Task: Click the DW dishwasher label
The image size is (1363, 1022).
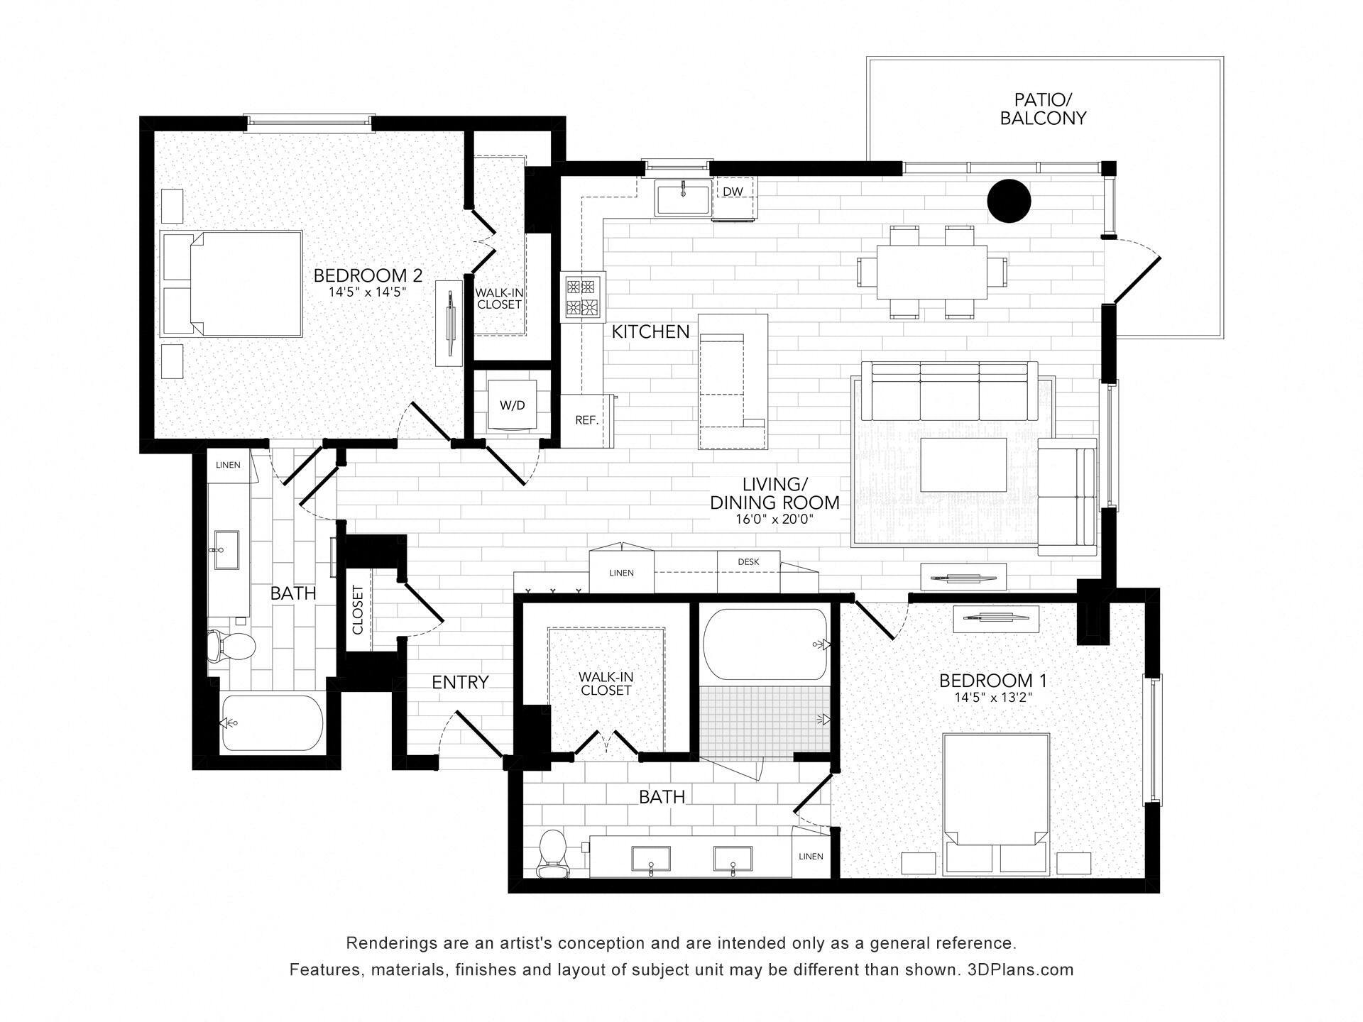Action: (733, 192)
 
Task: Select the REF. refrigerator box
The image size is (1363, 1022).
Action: (586, 420)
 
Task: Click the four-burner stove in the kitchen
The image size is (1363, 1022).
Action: (582, 297)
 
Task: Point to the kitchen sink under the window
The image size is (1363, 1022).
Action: (683, 198)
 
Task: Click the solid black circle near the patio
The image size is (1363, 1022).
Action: (1009, 201)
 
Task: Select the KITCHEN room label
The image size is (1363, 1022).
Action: (650, 331)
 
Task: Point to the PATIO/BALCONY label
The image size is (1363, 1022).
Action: (1043, 109)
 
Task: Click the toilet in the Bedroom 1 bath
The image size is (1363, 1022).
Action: (552, 855)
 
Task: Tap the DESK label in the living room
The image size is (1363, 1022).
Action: (748, 561)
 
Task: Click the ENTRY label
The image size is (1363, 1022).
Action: (460, 682)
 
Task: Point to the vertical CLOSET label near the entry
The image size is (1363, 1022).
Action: (357, 610)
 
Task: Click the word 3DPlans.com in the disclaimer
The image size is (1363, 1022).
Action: (1020, 969)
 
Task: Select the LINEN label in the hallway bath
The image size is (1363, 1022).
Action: (228, 465)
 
